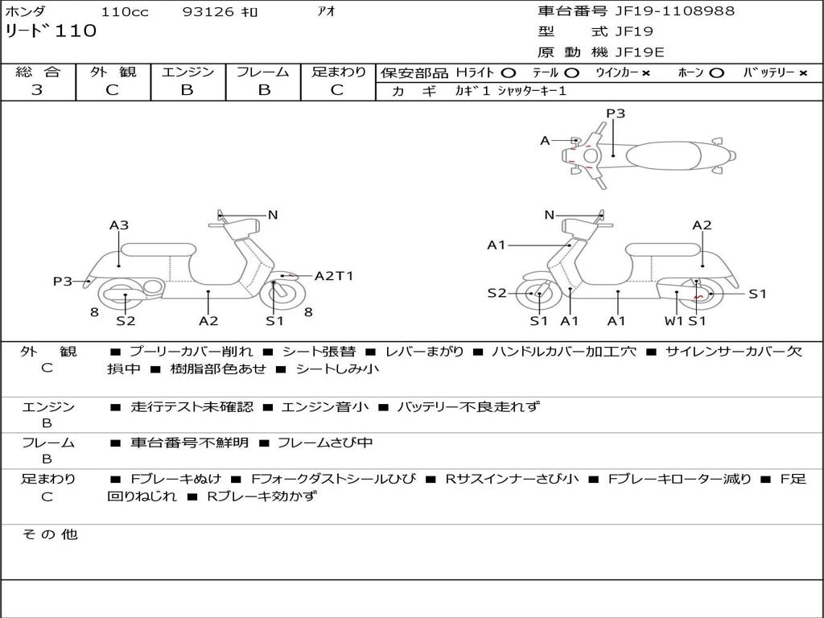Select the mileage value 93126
coord(205,12)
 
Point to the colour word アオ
coord(326,12)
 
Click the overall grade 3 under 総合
coord(37,90)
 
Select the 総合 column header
coord(38,72)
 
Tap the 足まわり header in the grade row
coord(338,72)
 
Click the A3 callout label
coord(119,225)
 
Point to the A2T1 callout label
coord(333,276)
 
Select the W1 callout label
coord(674,321)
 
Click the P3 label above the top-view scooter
coord(616,113)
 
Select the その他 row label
coord(49,534)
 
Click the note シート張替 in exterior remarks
coord(319,352)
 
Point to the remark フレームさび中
coord(325,443)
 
